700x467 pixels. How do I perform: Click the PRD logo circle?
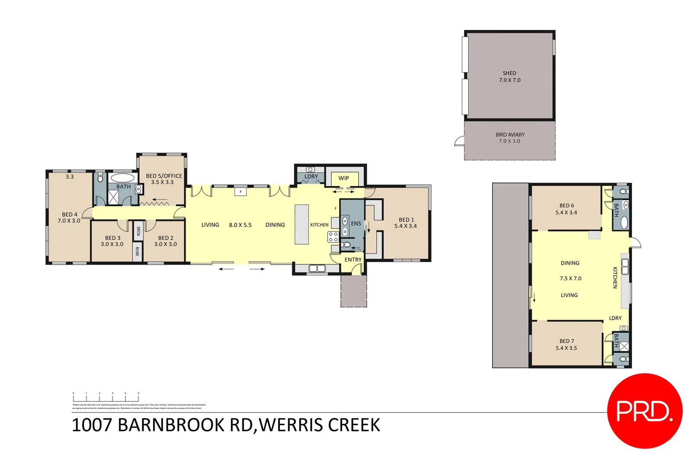point(644,411)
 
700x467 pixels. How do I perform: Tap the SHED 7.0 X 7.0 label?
point(509,77)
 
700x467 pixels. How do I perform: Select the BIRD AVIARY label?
point(510,135)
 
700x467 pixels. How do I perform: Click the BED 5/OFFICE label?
point(164,176)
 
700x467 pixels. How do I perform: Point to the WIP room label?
point(344,178)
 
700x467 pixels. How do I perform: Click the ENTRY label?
point(353,260)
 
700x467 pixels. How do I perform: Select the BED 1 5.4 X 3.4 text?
point(405,223)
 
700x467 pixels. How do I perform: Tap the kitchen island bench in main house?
point(302,224)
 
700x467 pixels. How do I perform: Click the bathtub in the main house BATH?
point(122,178)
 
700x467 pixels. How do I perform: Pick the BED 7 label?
point(566,341)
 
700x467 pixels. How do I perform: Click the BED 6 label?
point(566,206)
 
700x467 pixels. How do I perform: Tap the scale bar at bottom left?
point(106,397)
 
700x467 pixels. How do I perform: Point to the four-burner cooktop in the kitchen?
point(333,237)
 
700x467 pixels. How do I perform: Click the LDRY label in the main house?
point(311,176)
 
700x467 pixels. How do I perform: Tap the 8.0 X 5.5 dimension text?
point(240,225)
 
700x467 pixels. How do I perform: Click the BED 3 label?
point(112,238)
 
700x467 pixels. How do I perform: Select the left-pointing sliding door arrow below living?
point(226,269)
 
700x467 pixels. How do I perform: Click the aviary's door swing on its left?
point(459,141)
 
